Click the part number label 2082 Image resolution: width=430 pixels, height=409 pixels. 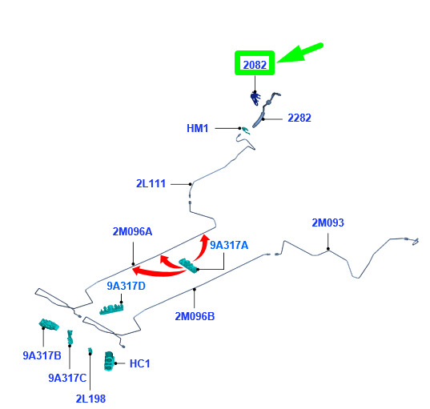point(255,65)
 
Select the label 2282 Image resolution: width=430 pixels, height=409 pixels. point(299,118)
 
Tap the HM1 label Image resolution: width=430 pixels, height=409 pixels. point(198,128)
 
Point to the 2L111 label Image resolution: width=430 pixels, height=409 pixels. point(151,183)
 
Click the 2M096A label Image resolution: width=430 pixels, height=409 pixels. point(132,231)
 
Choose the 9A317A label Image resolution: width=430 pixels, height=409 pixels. point(229,245)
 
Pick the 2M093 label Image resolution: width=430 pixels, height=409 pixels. point(328,223)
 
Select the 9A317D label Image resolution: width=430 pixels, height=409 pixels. point(127,286)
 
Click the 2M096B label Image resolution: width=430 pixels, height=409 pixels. point(195,316)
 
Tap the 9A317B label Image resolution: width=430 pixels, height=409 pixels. point(42,355)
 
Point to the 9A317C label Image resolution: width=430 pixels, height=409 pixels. point(67,378)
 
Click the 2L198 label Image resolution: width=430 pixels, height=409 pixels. point(90,399)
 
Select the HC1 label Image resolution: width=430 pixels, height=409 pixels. point(140,363)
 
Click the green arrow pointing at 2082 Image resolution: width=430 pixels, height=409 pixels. point(300,53)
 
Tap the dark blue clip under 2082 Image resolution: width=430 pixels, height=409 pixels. point(255,98)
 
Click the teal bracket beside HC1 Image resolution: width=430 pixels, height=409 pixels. point(109,361)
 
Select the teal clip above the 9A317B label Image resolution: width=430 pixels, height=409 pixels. point(49,325)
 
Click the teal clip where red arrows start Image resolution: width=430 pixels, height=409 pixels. point(189,266)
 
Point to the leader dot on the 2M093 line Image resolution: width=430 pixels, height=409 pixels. point(328,249)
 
